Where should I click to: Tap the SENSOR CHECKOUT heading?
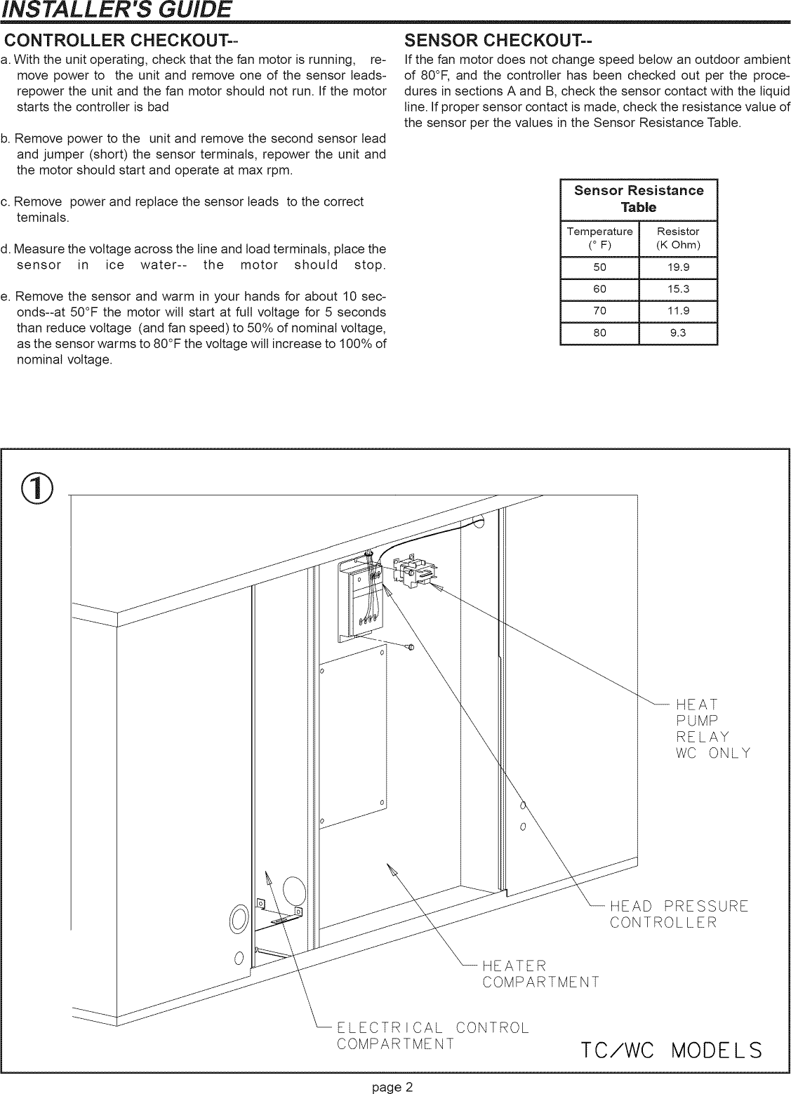pyautogui.click(x=499, y=38)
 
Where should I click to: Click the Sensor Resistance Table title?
pyautogui.click(x=638, y=199)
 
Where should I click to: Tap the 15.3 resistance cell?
pyautogui.click(x=677, y=289)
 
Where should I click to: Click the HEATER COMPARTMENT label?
pyautogui.click(x=540, y=973)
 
